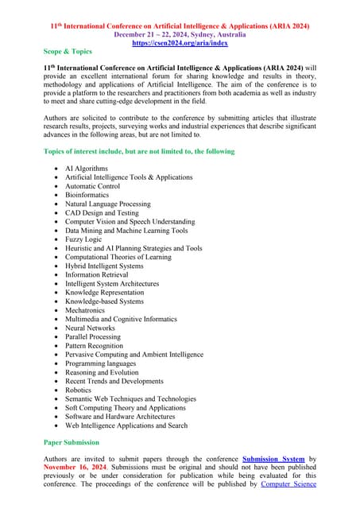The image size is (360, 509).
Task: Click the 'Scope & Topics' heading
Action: click(x=68, y=51)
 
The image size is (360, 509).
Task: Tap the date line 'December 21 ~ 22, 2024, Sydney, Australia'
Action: click(x=180, y=35)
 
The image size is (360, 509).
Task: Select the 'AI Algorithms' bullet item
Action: click(x=86, y=169)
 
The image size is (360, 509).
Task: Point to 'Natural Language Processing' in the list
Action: click(x=107, y=204)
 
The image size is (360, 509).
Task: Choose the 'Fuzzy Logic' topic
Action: click(x=84, y=239)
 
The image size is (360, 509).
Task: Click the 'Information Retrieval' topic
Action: click(x=98, y=274)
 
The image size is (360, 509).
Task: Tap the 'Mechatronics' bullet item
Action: click(x=87, y=310)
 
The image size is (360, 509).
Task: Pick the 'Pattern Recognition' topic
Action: click(x=95, y=346)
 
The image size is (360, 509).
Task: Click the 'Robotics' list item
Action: click(x=78, y=390)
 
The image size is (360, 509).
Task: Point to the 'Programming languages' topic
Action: click(x=100, y=363)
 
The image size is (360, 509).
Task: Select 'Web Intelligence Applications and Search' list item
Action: click(x=126, y=425)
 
